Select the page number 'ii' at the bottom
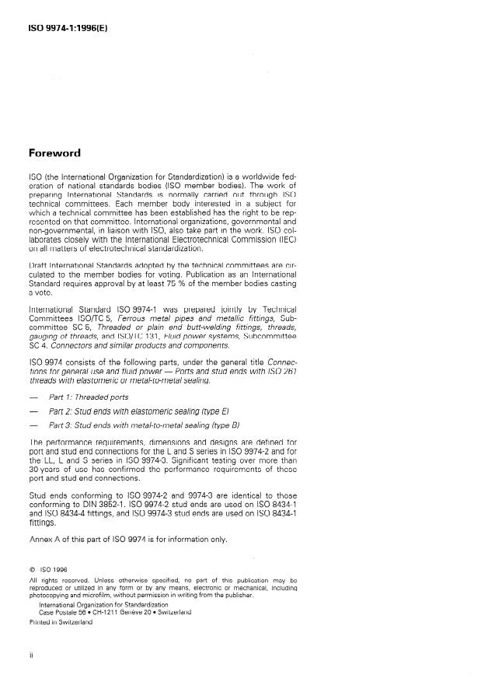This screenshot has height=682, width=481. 30,656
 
